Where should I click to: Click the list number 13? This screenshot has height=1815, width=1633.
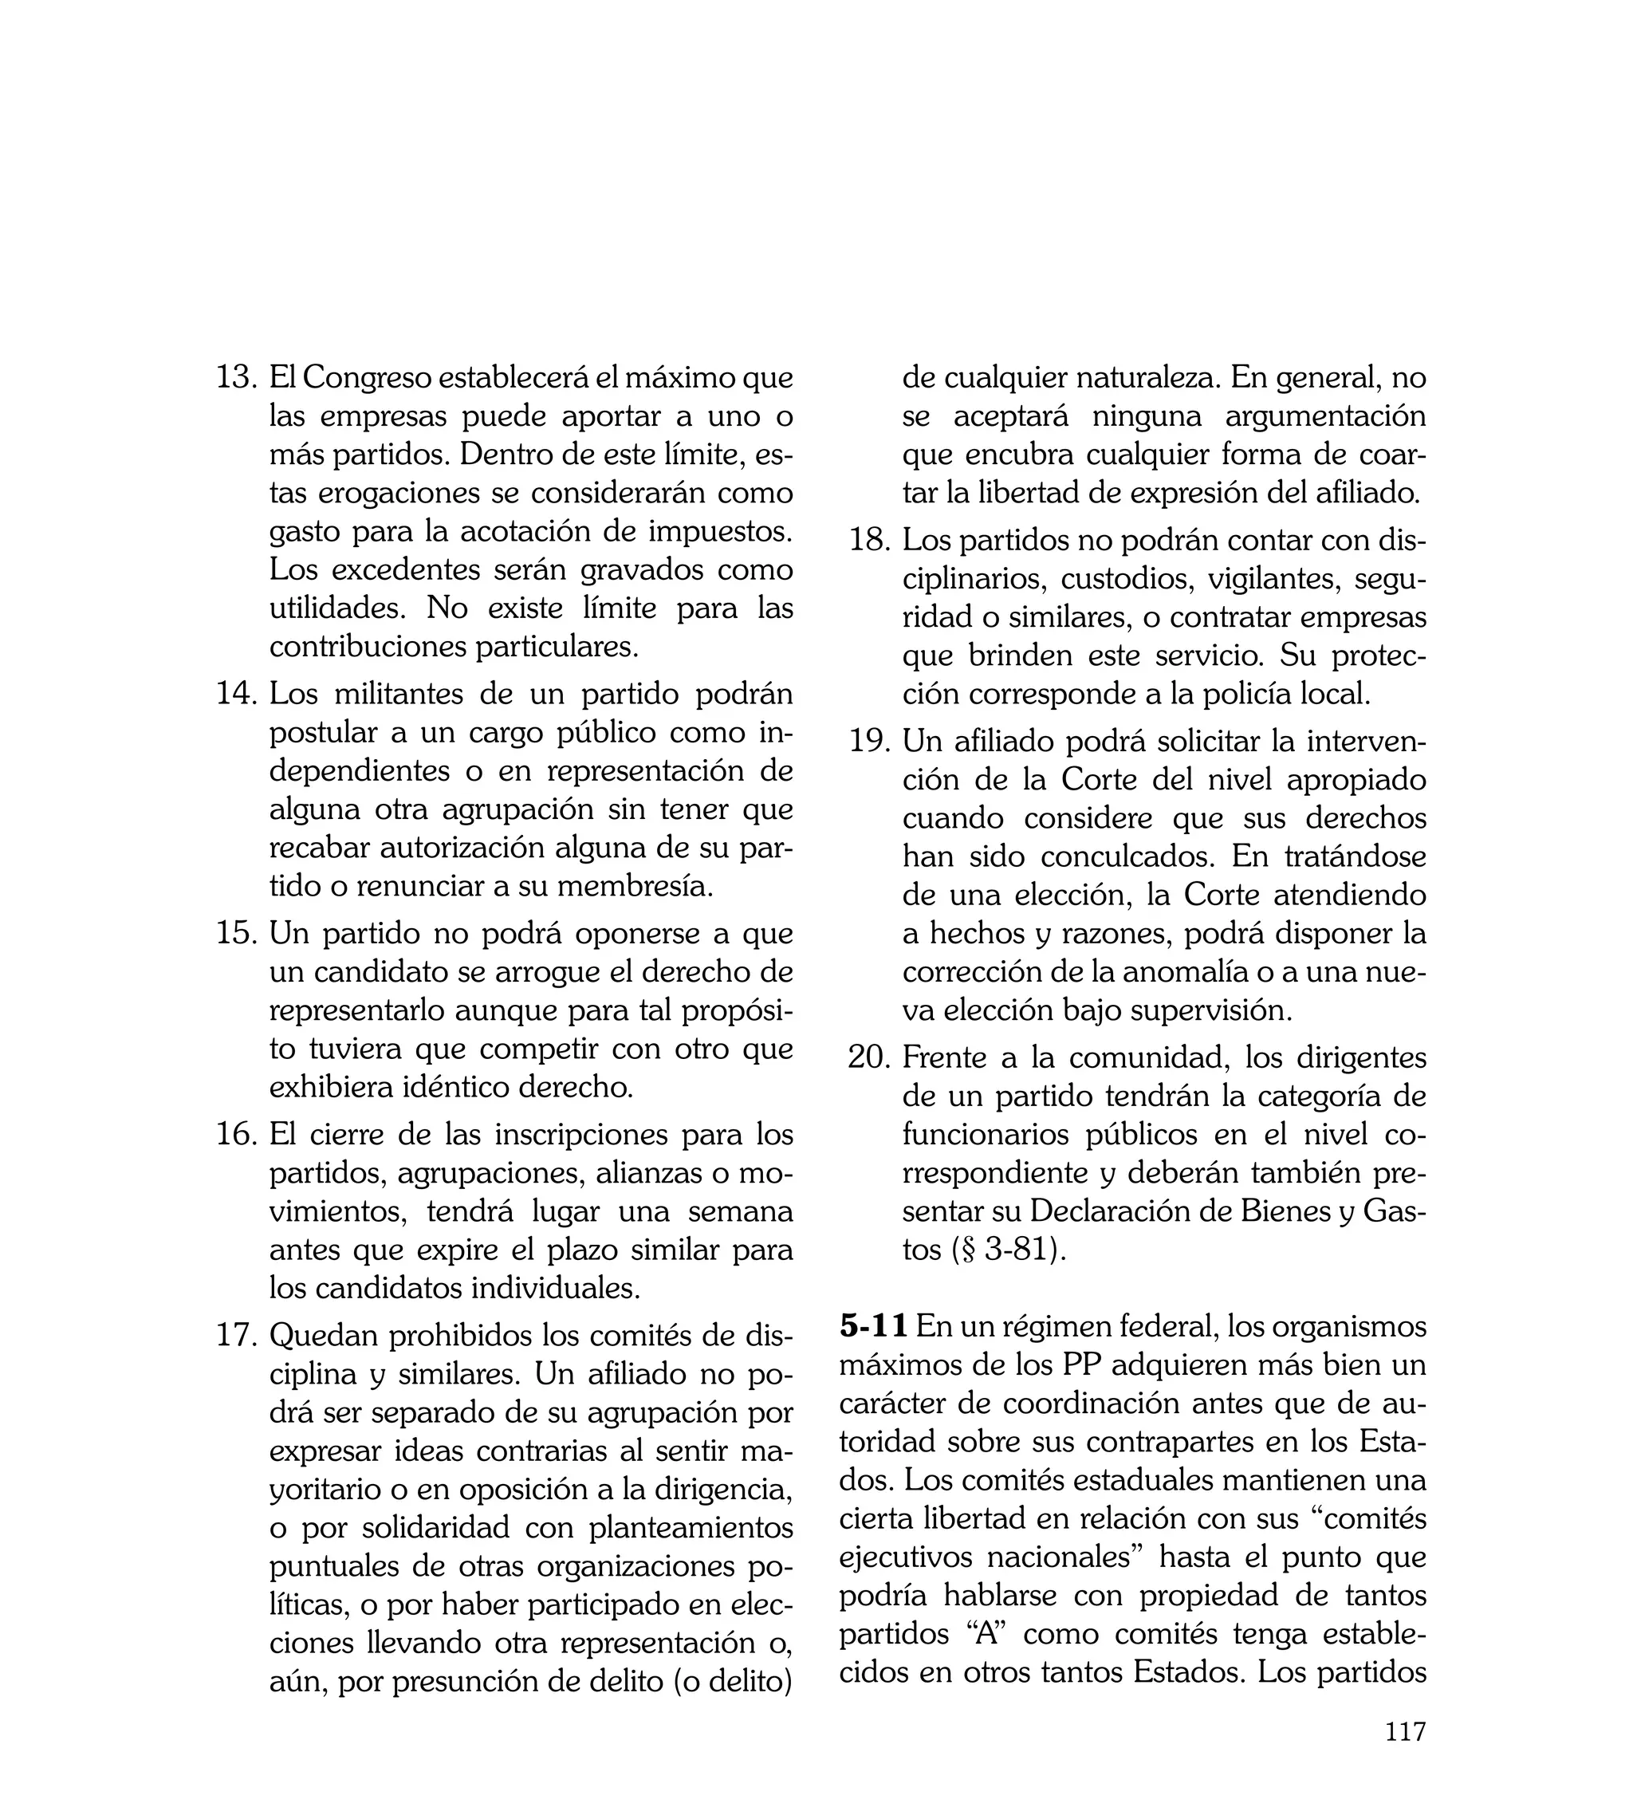tap(237, 378)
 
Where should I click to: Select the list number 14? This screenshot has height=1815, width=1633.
tap(237, 694)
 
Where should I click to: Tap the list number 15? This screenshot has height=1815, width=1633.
tap(237, 933)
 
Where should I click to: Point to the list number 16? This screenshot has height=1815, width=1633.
tap(237, 1134)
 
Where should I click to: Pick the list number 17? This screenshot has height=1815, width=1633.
tap(237, 1335)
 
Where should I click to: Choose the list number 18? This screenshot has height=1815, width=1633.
tap(869, 540)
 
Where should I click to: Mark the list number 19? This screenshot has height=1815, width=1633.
tap(869, 741)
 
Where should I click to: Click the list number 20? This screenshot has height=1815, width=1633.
tap(869, 1057)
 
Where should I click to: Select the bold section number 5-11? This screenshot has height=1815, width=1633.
tap(874, 1326)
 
